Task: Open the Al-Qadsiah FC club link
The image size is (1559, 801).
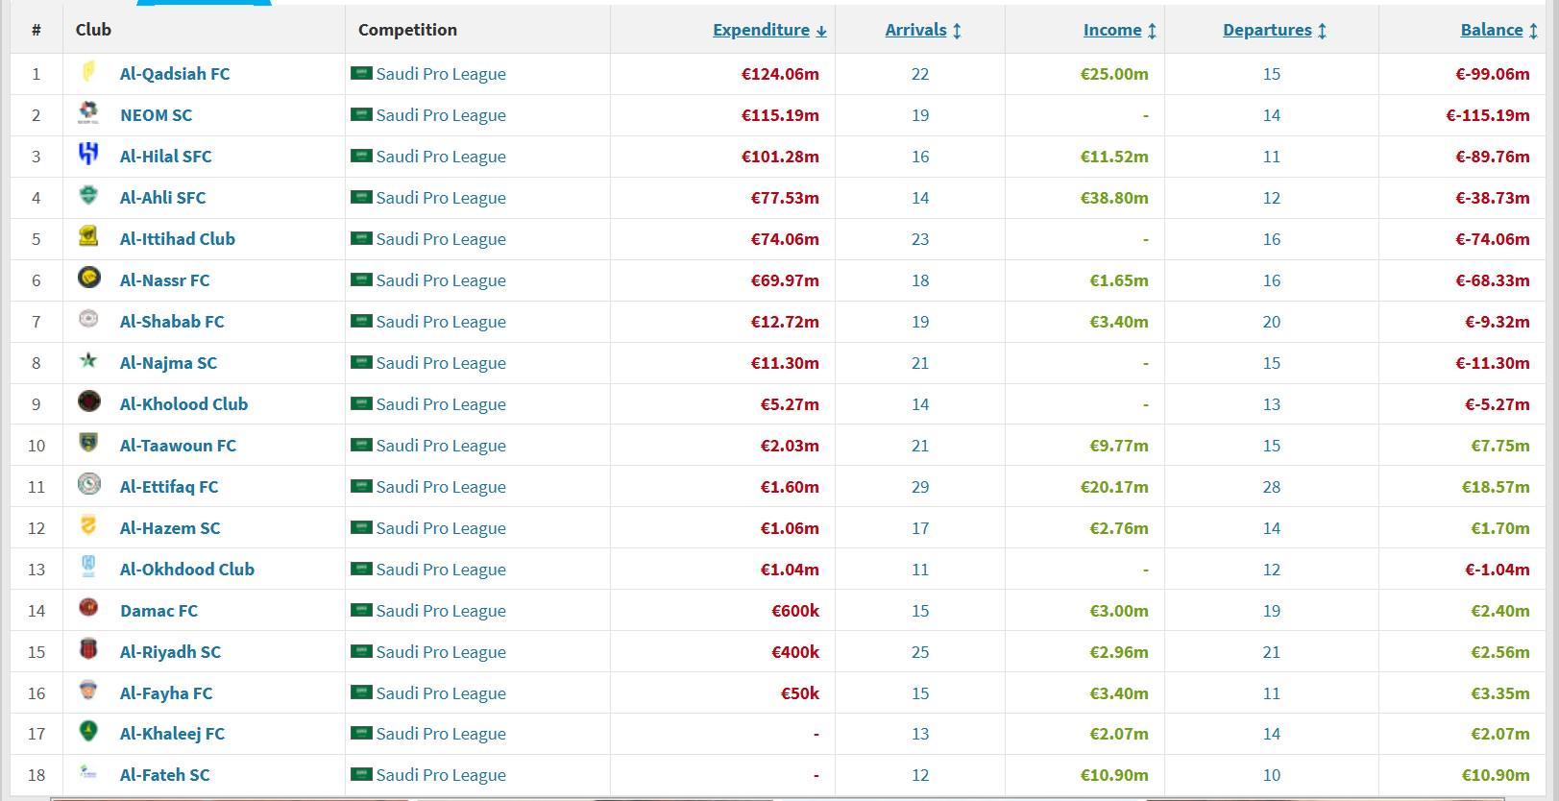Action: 175,74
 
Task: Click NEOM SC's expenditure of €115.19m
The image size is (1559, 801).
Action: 780,115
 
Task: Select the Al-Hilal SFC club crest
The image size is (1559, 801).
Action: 88,156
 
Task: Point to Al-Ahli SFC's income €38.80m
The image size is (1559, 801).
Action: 1113,198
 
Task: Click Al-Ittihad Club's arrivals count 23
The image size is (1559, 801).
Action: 920,239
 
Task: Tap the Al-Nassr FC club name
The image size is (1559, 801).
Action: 164,280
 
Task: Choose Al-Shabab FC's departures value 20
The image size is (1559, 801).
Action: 1271,322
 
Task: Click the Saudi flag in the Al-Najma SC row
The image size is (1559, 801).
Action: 361,362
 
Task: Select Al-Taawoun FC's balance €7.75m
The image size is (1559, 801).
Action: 1499,446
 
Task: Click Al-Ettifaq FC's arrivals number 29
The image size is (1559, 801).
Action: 920,487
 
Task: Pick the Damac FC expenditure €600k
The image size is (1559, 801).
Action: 794,611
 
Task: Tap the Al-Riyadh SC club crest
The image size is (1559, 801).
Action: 88,651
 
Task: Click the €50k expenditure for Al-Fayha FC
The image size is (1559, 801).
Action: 799,693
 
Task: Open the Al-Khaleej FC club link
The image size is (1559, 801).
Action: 172,734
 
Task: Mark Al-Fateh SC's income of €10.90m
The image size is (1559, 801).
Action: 1113,775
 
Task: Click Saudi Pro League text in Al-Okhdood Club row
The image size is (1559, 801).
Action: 441,570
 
